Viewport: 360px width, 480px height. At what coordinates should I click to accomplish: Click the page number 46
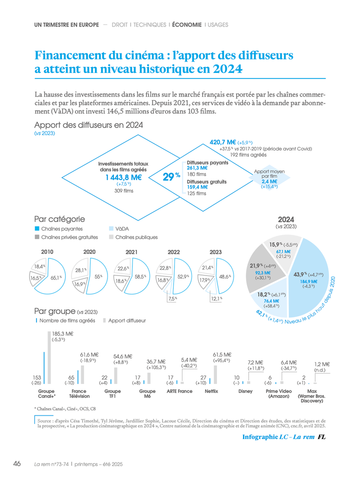(x=16, y=463)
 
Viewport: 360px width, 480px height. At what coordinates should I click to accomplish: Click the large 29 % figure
(x=170, y=177)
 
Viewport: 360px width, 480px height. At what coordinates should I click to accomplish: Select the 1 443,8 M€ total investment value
(x=123, y=177)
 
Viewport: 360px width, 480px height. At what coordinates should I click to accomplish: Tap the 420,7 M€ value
(x=222, y=142)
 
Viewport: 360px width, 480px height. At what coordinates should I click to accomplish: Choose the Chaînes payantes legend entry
(x=61, y=228)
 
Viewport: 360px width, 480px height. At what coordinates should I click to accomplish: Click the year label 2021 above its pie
(x=131, y=252)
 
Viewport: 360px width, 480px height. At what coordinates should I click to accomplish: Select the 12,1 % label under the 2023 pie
(x=215, y=298)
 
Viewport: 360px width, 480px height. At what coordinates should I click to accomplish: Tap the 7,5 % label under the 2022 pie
(x=172, y=298)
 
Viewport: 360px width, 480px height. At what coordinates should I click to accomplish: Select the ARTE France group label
(x=179, y=391)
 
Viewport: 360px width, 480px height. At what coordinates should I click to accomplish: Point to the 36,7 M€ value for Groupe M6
(x=156, y=361)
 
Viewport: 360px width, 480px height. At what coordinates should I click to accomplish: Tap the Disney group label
(x=245, y=391)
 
